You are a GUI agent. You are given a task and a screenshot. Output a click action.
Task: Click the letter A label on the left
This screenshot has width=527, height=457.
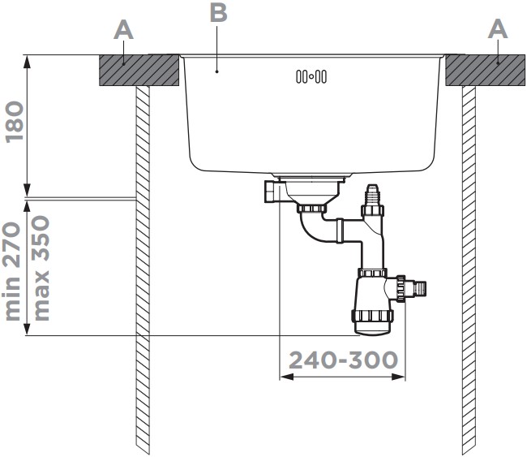point(122,30)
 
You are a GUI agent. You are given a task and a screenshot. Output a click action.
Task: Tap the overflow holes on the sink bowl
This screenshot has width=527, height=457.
point(311,77)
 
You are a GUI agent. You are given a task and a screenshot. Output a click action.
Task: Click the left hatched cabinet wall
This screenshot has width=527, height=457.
point(144,268)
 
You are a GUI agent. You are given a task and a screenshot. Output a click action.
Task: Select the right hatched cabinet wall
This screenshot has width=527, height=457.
point(469,268)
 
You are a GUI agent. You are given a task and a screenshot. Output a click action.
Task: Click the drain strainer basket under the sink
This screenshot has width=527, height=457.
point(311,192)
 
